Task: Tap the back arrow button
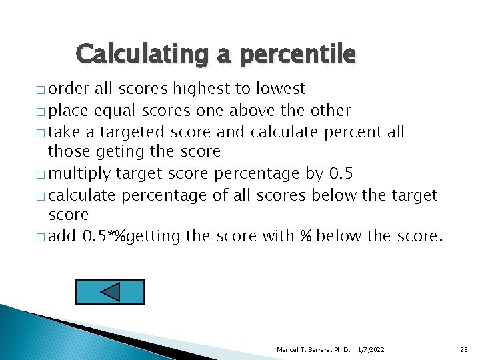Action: coord(110,292)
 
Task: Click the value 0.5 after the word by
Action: coord(341,174)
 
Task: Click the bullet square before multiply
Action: coord(42,175)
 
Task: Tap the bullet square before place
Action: coord(42,111)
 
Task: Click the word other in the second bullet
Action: coord(329,110)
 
